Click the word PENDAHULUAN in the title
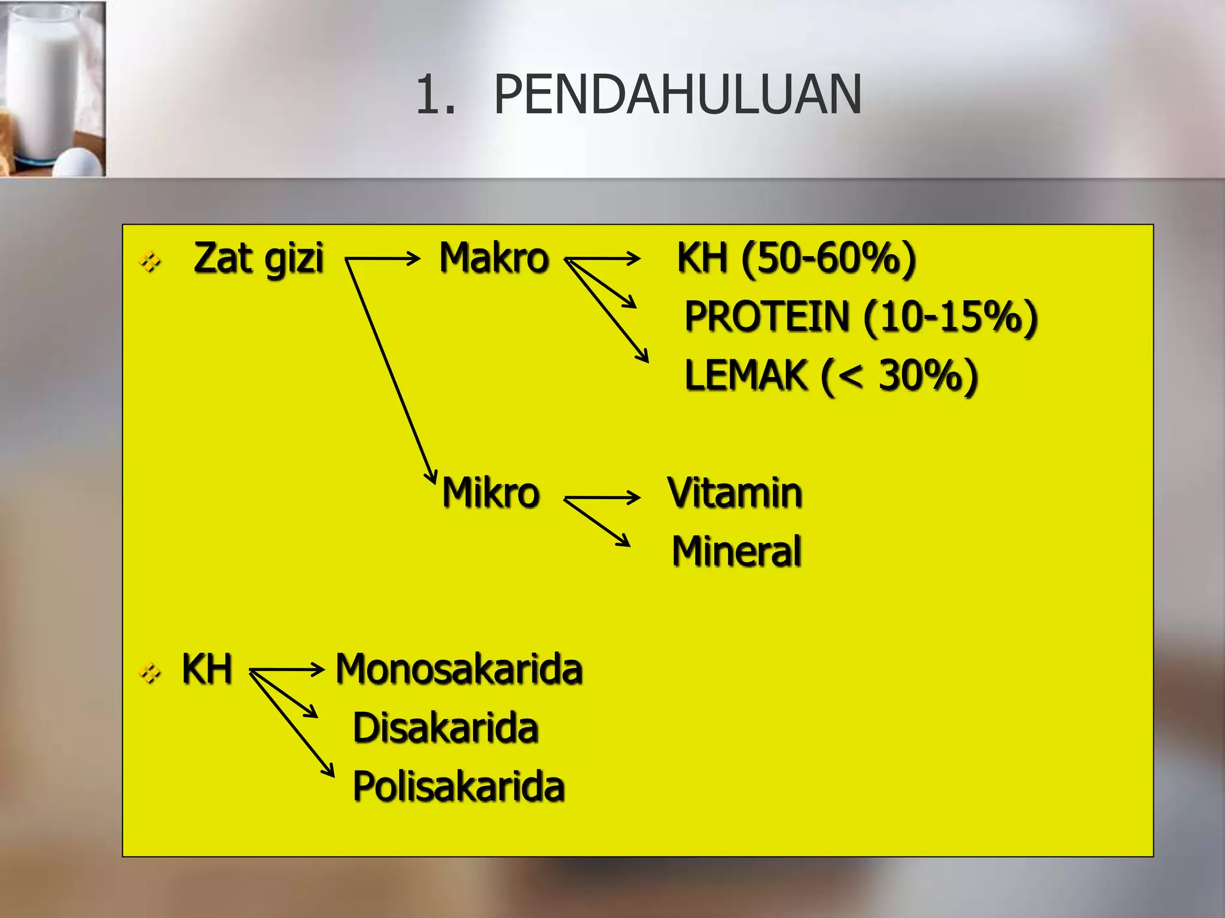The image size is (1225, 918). (677, 95)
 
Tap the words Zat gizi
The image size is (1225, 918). (258, 258)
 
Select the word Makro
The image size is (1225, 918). (494, 258)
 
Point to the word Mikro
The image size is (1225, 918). (491, 493)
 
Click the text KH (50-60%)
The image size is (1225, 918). (796, 258)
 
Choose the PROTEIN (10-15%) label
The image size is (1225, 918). (861, 316)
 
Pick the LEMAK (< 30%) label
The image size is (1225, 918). (831, 375)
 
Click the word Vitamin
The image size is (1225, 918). (735, 493)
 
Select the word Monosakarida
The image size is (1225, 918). (459, 669)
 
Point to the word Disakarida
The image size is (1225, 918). (446, 728)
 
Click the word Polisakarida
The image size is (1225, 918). (459, 786)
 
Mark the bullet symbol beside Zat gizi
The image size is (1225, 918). (150, 261)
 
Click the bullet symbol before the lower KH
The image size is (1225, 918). (150, 674)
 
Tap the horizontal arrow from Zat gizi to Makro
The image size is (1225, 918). (383, 259)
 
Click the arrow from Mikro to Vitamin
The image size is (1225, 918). (602, 497)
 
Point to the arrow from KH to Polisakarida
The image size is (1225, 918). (292, 724)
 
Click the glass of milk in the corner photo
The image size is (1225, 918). (42, 84)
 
